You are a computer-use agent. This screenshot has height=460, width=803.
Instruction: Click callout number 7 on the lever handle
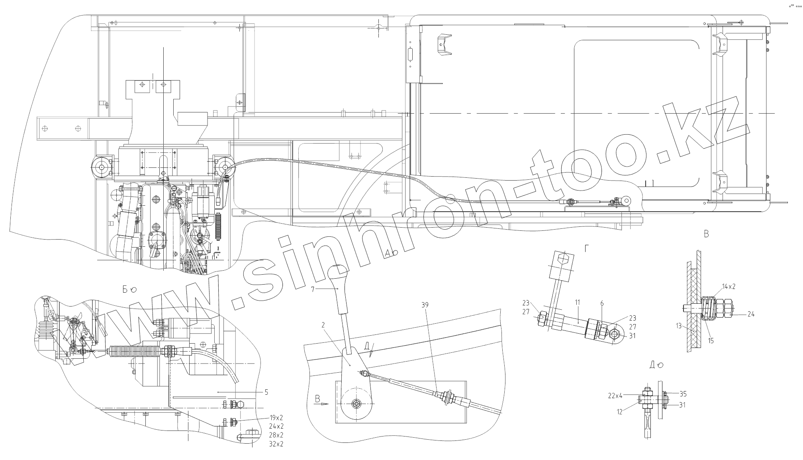coord(313,289)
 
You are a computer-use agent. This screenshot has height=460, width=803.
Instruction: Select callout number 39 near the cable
coord(425,305)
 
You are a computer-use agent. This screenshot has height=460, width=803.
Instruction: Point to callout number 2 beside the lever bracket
coord(323,325)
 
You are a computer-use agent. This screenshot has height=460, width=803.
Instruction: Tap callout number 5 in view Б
coord(266,392)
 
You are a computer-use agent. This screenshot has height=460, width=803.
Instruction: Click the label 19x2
coord(276,418)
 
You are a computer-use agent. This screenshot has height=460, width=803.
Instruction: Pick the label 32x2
coord(276,444)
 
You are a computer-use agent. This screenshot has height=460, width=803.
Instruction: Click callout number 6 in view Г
coord(602,303)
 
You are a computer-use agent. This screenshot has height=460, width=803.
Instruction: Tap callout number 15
coord(711,341)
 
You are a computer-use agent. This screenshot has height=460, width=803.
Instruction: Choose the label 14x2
coord(729,287)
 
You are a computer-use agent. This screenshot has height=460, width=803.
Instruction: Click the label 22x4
coord(615,396)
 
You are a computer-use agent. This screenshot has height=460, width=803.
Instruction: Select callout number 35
coord(683,394)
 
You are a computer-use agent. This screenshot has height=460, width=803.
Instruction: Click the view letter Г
coord(587,249)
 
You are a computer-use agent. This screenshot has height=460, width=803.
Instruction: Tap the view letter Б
coord(125,290)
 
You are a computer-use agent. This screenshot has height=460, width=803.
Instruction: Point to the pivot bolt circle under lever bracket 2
coord(356,404)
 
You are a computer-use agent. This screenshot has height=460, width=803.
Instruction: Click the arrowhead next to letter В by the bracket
coord(325,404)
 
